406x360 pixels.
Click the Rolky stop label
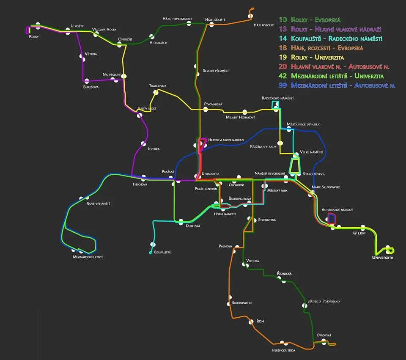[x=34, y=37]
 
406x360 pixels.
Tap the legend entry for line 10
[x=310, y=20]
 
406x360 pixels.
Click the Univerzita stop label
[x=383, y=257]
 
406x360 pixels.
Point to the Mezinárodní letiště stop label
[x=88, y=257]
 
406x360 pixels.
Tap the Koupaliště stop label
[x=162, y=252]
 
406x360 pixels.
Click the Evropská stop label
[x=324, y=335]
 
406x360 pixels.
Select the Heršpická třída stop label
[x=283, y=350]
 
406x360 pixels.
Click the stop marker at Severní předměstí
[x=197, y=67]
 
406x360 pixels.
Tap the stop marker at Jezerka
[x=143, y=144]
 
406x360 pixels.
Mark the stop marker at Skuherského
[x=230, y=297]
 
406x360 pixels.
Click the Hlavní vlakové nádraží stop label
[x=226, y=140]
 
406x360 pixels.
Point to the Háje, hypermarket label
[x=178, y=19]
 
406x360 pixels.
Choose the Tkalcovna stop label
[x=157, y=86]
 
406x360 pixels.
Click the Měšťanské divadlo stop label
[x=303, y=124]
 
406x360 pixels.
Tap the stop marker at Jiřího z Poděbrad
[x=304, y=305]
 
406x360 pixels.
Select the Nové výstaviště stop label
[x=98, y=203]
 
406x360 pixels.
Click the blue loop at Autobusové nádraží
[x=332, y=218]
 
